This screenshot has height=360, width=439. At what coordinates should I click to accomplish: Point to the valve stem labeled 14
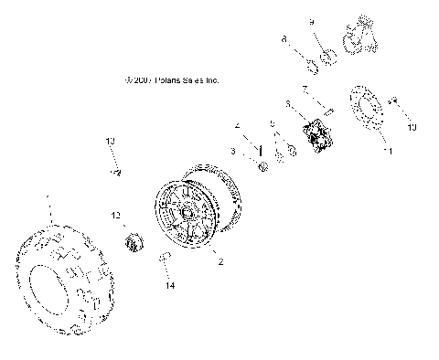point(164,260)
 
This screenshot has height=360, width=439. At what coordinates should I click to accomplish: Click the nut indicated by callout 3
point(262,165)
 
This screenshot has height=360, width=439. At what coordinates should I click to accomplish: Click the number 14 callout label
point(168,286)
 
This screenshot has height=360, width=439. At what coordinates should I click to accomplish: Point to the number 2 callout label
point(219,261)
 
